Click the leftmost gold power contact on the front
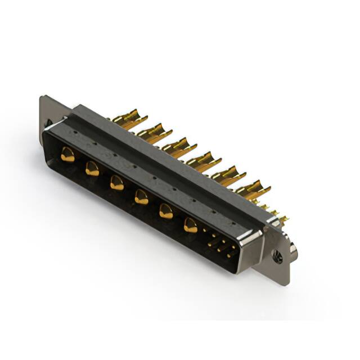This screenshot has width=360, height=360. pos(68,154)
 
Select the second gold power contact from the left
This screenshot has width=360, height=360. pos(92,168)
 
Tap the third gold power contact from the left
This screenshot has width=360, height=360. pos(117,183)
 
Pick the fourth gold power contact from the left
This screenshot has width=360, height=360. pos(141,197)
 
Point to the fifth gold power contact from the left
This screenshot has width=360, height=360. pos(166,211)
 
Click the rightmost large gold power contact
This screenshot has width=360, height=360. pos(191,226)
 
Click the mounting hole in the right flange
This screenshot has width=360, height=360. pos(277,259)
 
